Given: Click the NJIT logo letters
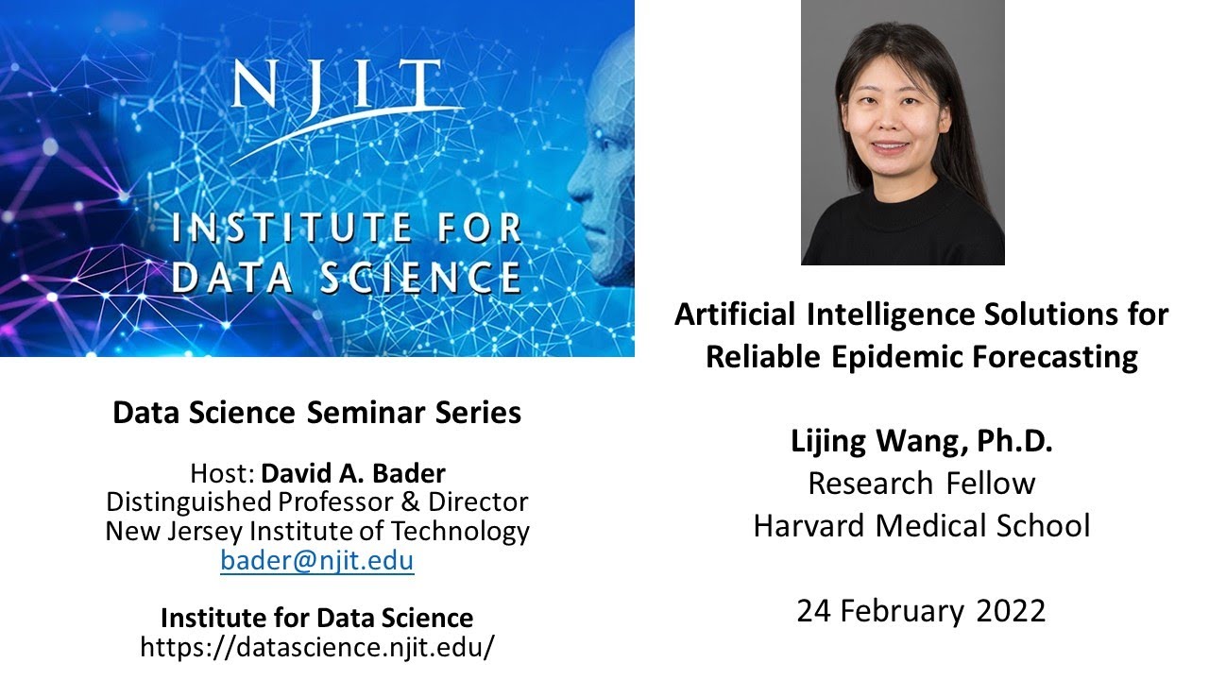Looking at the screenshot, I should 335,87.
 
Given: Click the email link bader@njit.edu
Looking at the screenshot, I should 317,561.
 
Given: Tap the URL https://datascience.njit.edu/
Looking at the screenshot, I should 317,647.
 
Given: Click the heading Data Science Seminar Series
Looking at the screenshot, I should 317,413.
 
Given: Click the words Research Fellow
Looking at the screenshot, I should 921,483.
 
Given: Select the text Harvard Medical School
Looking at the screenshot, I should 921,525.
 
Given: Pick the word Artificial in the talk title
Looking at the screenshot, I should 732,314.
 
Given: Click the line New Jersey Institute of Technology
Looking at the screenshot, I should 317,531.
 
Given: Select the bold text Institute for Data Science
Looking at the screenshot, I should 317,618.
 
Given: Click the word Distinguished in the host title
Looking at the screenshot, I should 188,501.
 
